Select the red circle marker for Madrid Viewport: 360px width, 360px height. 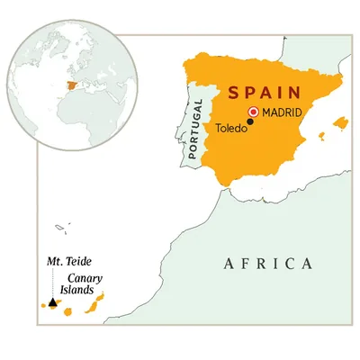click(x=254, y=112)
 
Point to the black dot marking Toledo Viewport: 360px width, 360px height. click(x=250, y=122)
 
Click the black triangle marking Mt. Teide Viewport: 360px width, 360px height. click(x=52, y=304)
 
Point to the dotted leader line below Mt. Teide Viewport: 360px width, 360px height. click(x=52, y=284)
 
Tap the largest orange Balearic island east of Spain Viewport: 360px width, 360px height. click(x=339, y=122)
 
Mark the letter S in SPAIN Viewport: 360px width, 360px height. click(x=234, y=93)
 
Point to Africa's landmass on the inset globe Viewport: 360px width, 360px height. click(x=85, y=112)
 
